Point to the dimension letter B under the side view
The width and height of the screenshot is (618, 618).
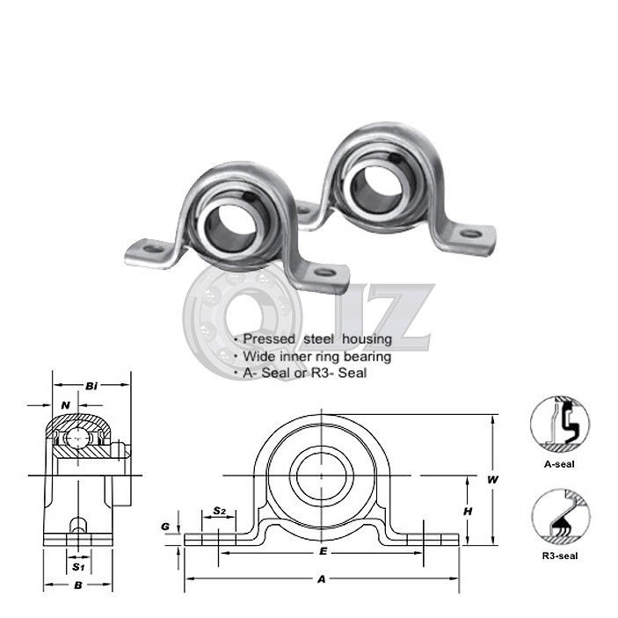(78, 585)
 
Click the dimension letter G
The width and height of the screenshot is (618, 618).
(164, 527)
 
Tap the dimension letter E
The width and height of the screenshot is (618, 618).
(324, 551)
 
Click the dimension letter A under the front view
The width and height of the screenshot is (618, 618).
(322, 578)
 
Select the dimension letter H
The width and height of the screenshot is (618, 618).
(469, 511)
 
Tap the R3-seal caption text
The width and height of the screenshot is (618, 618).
(560, 556)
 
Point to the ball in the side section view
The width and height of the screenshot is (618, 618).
(80, 434)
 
